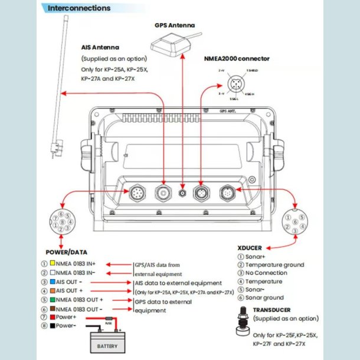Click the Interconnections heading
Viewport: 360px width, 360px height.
[x=78, y=8]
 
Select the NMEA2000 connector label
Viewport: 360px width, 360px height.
[x=237, y=58]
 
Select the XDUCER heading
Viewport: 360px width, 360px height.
[x=249, y=248]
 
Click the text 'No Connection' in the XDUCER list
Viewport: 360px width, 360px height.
[x=266, y=274]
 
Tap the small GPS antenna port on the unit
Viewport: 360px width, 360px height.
[x=183, y=192]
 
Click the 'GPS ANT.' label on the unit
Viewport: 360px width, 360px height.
[x=227, y=110]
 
